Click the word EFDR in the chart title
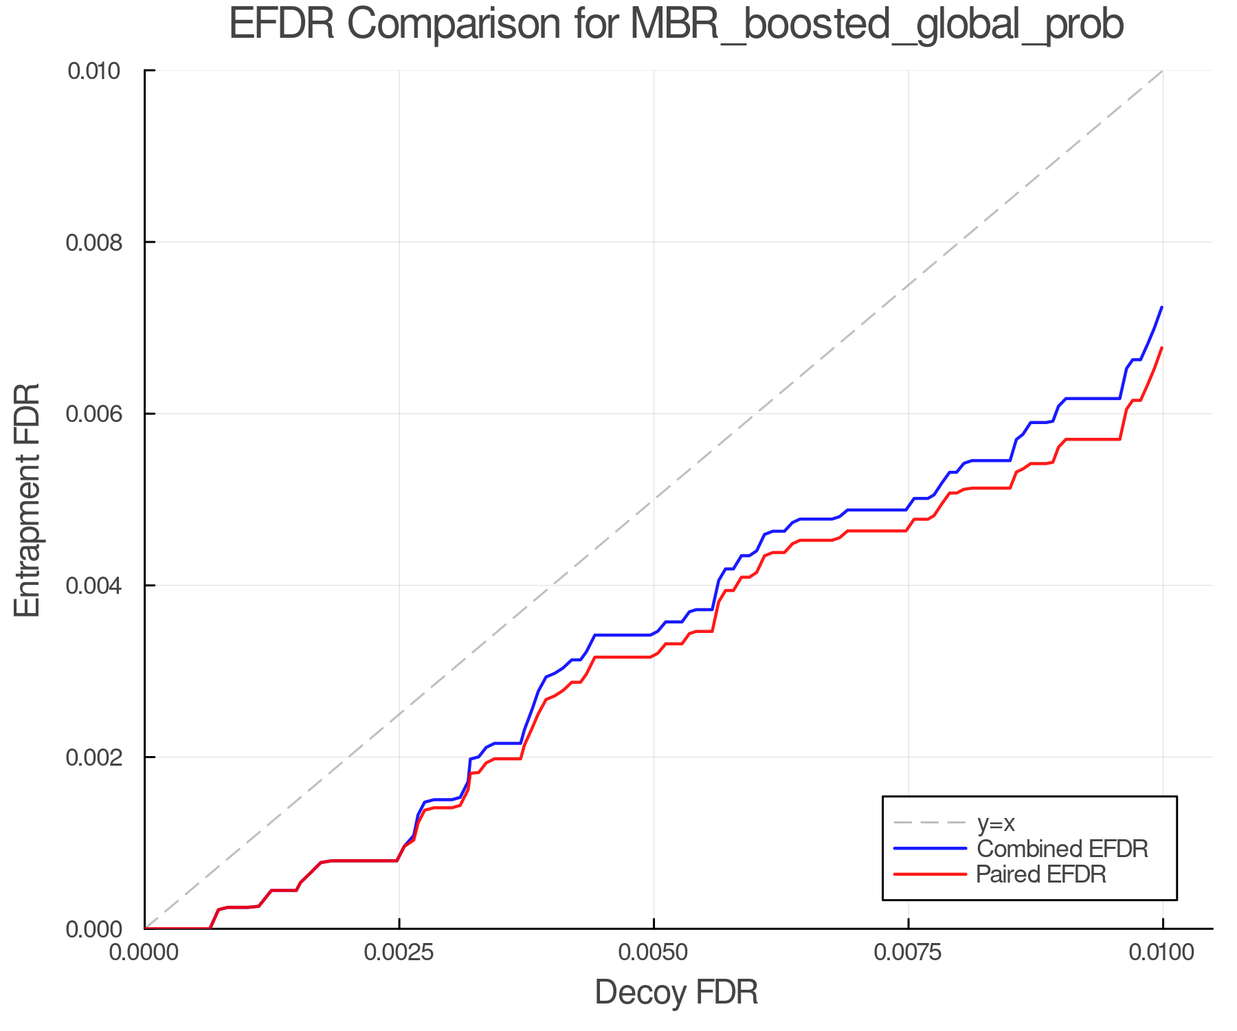pos(281,24)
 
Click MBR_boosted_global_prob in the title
pos(876,25)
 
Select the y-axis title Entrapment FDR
pos(27,500)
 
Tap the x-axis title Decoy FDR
pos(676,992)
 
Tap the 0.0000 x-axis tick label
pos(144,953)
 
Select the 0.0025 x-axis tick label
pos(399,953)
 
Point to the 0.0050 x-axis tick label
pos(654,953)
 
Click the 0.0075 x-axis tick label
pos(909,953)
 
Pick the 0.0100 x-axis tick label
pos(1163,953)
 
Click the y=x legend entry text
pos(996,823)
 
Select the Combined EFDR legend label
pos(1062,849)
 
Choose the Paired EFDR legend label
pos(1041,874)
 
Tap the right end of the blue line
pos(1161,307)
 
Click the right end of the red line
pos(1161,348)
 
